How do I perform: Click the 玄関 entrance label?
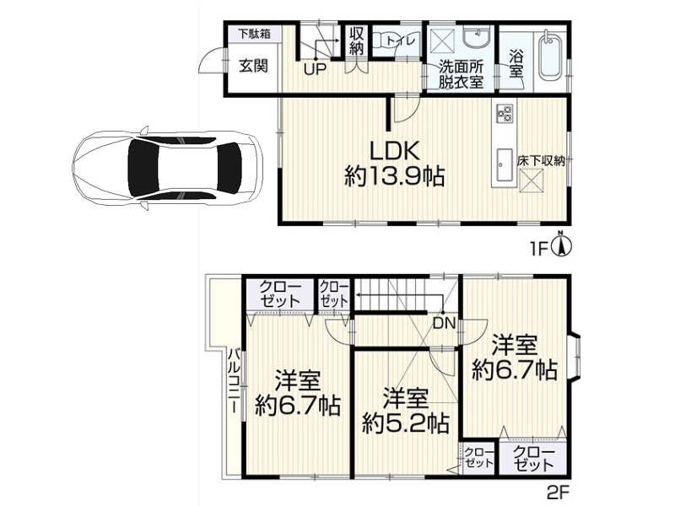(x=254, y=66)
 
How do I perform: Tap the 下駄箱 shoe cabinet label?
(x=255, y=34)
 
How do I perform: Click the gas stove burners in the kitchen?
(x=505, y=113)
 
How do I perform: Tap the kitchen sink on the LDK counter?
(x=504, y=165)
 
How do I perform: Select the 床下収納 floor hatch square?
(x=532, y=180)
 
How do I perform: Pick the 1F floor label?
(x=538, y=250)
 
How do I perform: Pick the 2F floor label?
(x=558, y=492)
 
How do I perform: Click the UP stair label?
(x=315, y=69)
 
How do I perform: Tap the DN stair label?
(x=444, y=324)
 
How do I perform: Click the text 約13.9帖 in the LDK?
(x=394, y=176)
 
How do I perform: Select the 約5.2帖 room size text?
(x=406, y=423)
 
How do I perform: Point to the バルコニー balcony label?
(x=235, y=380)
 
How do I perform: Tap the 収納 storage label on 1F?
(x=357, y=40)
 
